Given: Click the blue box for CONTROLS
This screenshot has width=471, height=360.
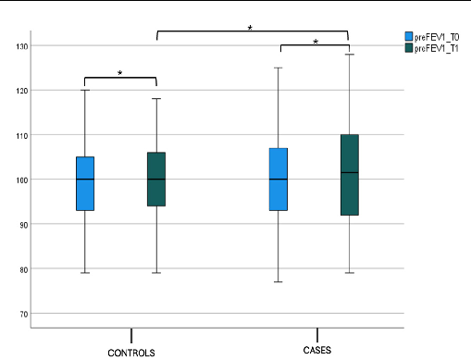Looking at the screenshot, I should click(84, 183).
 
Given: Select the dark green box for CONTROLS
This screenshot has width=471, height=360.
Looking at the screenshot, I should click(155, 179).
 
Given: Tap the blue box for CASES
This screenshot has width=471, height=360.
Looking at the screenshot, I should click(279, 179).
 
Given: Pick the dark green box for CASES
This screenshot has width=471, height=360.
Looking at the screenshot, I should click(349, 175).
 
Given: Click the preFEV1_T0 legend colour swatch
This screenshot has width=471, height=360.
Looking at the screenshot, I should click(410, 36).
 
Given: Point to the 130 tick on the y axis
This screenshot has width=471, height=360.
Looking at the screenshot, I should click(19, 46).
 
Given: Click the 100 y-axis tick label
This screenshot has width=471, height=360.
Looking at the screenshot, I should click(19, 180).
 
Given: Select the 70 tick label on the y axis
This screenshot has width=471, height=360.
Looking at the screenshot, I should click(21, 314).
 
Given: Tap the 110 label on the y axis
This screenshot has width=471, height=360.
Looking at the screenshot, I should click(19, 135).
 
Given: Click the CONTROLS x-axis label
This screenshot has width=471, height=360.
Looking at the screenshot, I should click(131, 353).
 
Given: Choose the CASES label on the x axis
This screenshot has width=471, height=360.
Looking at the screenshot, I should click(317, 351).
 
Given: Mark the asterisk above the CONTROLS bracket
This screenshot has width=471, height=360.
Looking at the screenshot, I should click(119, 73).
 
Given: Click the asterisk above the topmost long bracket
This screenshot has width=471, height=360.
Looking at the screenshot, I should click(250, 28).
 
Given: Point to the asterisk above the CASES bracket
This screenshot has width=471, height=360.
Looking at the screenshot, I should click(315, 42).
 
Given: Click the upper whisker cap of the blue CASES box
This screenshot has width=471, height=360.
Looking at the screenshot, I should click(279, 68).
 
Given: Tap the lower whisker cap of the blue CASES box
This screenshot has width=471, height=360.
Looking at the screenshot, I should click(279, 281).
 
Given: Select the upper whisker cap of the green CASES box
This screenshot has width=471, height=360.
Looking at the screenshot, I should click(349, 55).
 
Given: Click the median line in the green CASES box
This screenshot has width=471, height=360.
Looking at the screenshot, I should click(349, 172).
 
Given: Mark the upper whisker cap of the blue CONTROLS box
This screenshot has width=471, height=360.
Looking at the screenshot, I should click(84, 90).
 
